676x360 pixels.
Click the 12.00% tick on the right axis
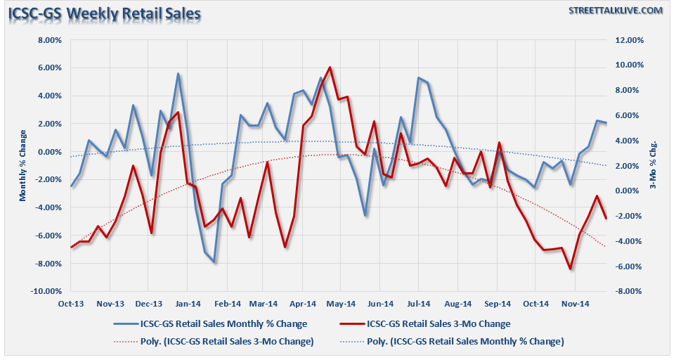628,40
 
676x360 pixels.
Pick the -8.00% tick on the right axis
628,291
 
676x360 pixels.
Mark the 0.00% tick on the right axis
628,191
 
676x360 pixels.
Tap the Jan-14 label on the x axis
187,304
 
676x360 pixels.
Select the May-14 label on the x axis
340,304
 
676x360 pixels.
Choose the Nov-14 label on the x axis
575,304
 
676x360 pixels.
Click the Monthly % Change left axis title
22,166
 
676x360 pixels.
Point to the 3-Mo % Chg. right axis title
654,166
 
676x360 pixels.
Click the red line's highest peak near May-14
330,67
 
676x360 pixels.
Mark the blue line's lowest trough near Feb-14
214,262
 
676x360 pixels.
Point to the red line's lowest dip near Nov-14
571,269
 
